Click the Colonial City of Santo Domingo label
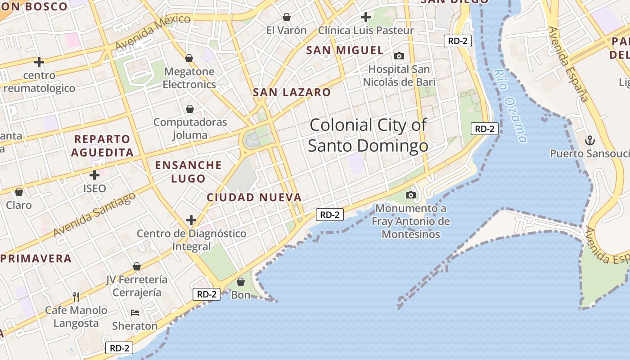(x=368, y=135)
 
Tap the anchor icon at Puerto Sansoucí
(x=589, y=141)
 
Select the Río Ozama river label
(x=509, y=106)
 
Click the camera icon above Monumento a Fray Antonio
(x=410, y=195)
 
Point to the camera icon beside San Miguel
(x=399, y=56)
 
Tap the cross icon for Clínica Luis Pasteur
(x=366, y=18)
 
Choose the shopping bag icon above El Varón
(x=286, y=18)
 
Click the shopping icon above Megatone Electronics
(x=189, y=58)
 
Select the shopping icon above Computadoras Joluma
(x=190, y=109)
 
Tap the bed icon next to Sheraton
(x=135, y=312)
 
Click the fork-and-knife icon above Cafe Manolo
(x=76, y=297)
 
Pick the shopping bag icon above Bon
(x=241, y=282)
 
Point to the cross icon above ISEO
(x=94, y=175)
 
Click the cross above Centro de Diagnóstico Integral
(x=191, y=220)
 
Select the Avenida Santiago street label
(x=94, y=215)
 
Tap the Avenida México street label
(x=153, y=32)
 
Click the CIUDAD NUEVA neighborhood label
(x=254, y=197)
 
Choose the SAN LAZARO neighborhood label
(x=292, y=92)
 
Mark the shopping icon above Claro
(x=19, y=192)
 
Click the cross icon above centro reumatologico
(x=39, y=62)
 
